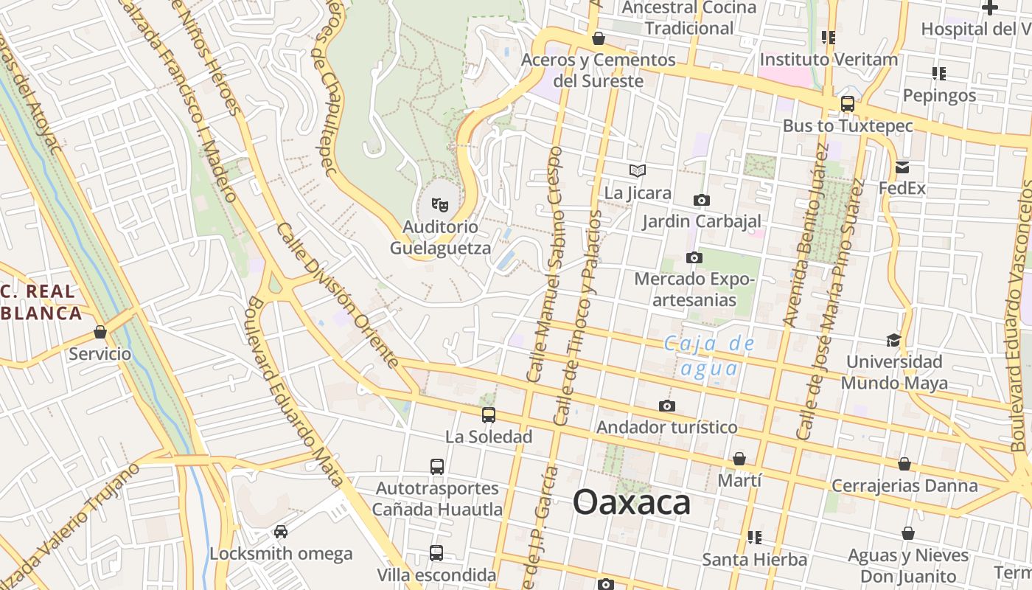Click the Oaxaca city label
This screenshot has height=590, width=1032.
632,503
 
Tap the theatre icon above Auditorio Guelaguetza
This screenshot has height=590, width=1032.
440,204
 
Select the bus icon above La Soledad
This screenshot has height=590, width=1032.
488,415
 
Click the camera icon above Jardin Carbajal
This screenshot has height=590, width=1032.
702,200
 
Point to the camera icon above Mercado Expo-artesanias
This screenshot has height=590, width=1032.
694,257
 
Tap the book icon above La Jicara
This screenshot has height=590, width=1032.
638,171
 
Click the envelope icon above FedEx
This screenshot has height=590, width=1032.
902,167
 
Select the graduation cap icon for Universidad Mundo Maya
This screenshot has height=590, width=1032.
893,340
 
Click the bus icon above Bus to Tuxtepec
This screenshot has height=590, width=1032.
848,104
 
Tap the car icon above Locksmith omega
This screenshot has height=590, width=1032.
281,531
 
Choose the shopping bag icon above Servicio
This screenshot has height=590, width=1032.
100,332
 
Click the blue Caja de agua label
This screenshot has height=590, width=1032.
710,355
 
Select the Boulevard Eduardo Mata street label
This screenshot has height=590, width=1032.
296,392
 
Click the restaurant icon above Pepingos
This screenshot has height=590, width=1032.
939,74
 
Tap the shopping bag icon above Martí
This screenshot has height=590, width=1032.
739,459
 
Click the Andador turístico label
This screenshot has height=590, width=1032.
666,427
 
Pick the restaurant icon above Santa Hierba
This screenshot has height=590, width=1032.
754,538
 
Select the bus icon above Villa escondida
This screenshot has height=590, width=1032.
436,553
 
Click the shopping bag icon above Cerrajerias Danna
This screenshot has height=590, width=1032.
904,464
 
